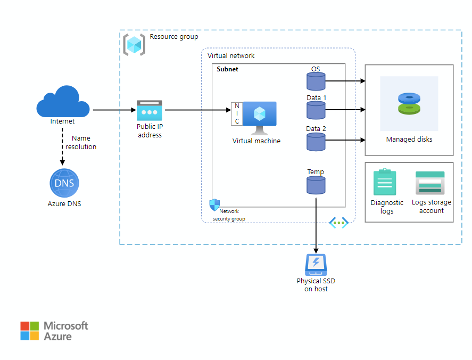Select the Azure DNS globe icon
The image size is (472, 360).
coord(63,184)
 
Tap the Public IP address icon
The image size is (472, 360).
coord(149,110)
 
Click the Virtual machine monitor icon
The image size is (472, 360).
coord(260,116)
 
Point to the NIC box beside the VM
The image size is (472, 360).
coord(237,114)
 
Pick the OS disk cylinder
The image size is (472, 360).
coord(316,81)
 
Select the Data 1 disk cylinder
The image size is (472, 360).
coord(316,110)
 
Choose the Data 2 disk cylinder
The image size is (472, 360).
coord(316,141)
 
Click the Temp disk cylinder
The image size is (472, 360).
coord(316,185)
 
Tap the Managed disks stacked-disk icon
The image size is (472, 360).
coord(409,104)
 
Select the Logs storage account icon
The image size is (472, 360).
coord(430,183)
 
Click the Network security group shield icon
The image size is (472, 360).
coord(214,205)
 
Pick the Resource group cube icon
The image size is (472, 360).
coord(134,45)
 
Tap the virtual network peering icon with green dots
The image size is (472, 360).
coord(339,223)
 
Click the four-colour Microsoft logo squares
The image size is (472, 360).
coord(30,331)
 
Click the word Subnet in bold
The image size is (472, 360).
coord(227,69)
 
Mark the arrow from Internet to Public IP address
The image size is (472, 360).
coord(114,110)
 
